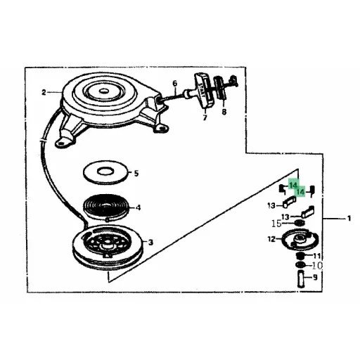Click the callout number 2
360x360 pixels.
coord(44,93)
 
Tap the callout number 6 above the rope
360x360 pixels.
coord(175,84)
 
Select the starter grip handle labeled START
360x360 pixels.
coord(204,91)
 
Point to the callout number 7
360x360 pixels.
coord(205,117)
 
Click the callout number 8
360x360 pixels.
coord(224,112)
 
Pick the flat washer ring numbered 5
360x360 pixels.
coord(105,172)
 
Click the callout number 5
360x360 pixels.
coord(136,174)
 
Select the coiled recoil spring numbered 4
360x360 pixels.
coord(105,207)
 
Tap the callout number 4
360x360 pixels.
coord(139,207)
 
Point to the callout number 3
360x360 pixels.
coord(150,242)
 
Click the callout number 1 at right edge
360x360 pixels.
coord(349,219)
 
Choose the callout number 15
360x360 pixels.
coord(276,224)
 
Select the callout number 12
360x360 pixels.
coord(271,239)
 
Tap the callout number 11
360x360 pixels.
coord(316,255)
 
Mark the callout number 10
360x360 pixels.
coord(317,266)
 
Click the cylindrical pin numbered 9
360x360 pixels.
coord(301,278)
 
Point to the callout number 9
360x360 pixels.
coord(315,278)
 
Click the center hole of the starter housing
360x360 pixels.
coord(103,91)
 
